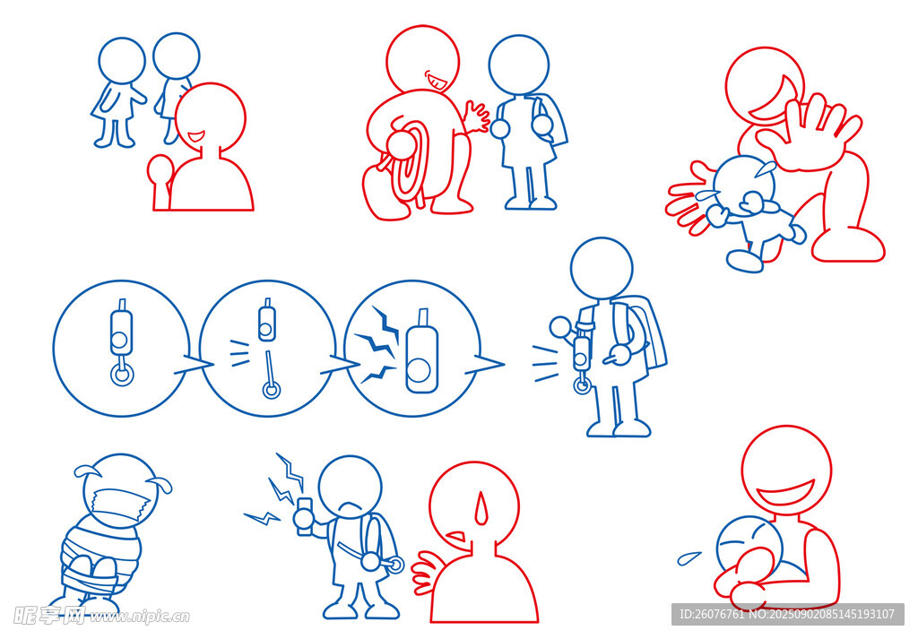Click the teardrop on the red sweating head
point(481,508)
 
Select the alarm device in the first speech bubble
point(121,341)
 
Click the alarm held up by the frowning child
point(305,517)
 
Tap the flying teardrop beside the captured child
point(689,557)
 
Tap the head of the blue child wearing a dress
point(122,60)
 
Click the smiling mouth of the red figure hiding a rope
point(437,82)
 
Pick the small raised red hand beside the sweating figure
point(424,573)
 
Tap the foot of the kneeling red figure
point(848,246)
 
